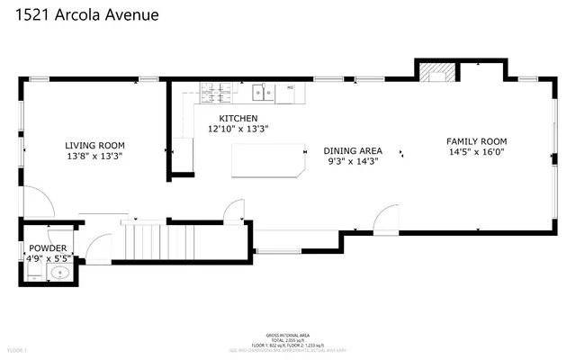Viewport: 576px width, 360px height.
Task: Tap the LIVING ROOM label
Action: [x=94, y=145]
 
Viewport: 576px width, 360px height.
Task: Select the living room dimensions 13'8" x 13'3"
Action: [x=94, y=156]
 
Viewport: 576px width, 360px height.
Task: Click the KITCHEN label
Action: [x=238, y=118]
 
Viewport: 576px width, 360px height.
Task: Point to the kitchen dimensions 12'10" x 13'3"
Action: [x=238, y=129]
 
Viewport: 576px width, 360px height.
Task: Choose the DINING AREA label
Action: [x=353, y=150]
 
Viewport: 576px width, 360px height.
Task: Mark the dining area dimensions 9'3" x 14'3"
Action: [x=353, y=161]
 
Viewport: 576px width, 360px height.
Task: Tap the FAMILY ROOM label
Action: [x=477, y=141]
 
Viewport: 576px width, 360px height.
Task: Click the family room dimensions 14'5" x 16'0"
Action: [x=477, y=152]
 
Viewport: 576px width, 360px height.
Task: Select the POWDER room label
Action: [x=47, y=247]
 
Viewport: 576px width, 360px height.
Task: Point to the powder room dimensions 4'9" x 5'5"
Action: [x=49, y=258]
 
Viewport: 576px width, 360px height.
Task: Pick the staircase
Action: [x=143, y=241]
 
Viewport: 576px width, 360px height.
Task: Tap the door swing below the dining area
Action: [x=385, y=219]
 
